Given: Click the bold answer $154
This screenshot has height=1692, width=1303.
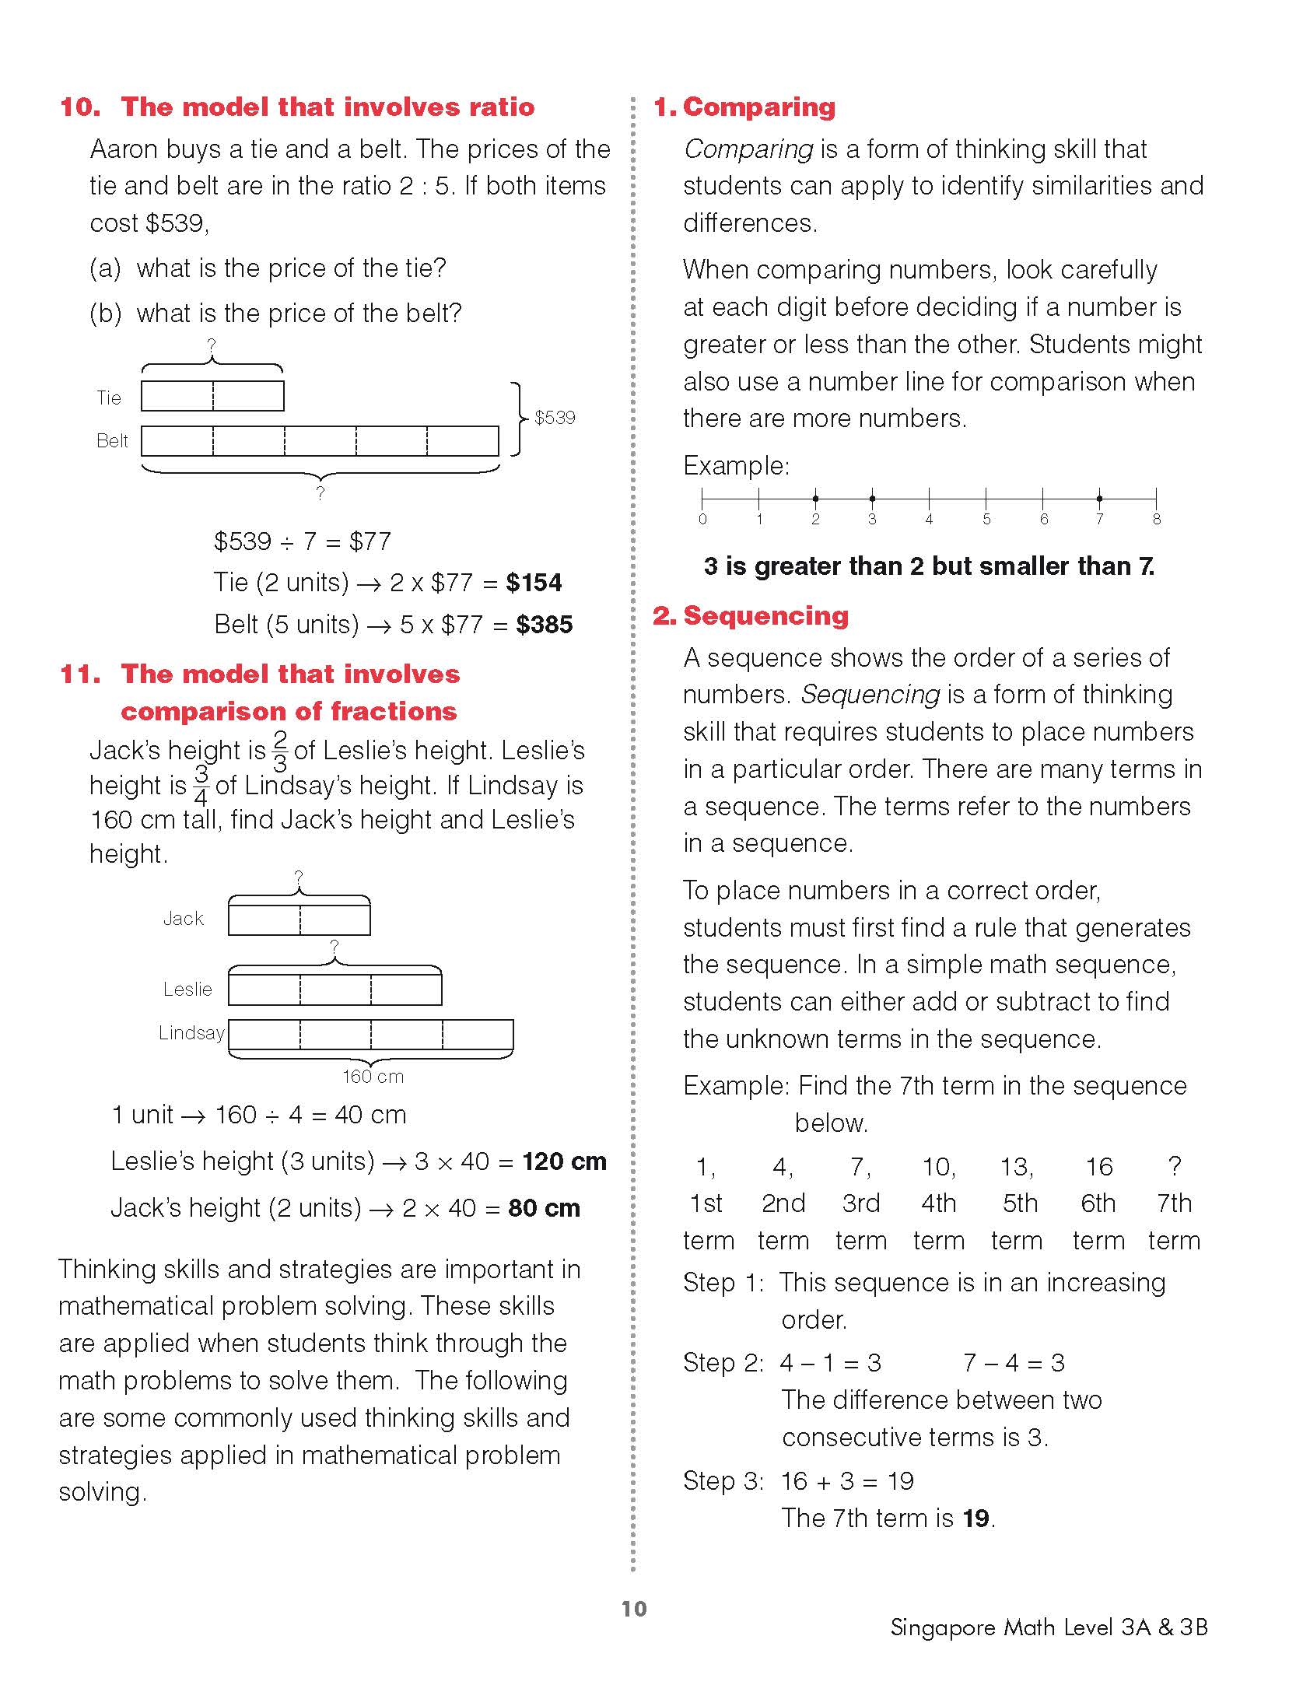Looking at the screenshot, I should (x=534, y=583).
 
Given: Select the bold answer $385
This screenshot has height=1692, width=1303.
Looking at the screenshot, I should (x=545, y=625).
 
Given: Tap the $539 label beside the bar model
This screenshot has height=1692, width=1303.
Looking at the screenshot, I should (x=555, y=418).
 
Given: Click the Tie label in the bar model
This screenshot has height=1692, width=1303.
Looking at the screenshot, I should (x=109, y=398).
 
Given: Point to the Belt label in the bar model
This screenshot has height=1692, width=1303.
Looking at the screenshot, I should (x=112, y=441).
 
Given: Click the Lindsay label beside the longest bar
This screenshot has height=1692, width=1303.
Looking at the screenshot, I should (x=191, y=1033).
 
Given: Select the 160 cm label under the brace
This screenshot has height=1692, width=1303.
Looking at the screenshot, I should (x=373, y=1077).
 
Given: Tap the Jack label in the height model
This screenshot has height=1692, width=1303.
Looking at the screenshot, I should (x=184, y=919).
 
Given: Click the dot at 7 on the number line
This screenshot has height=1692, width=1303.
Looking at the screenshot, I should (x=1099, y=499).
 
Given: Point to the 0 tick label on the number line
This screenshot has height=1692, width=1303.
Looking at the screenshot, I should (x=702, y=520).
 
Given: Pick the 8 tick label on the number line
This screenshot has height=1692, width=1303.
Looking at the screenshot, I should (x=1157, y=520).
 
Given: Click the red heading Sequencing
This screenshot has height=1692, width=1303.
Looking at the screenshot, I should (x=765, y=616).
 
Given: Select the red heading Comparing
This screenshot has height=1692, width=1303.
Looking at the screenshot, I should (x=758, y=107).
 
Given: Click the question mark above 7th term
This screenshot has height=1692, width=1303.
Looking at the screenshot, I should (x=1175, y=1166).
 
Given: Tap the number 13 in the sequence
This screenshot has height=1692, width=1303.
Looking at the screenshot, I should (x=1015, y=1167).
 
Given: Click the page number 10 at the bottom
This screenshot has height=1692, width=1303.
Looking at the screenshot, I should (x=634, y=1609).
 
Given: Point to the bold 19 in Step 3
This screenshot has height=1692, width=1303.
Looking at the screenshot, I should (x=975, y=1518).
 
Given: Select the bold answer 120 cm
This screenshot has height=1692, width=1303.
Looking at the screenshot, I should (x=564, y=1161).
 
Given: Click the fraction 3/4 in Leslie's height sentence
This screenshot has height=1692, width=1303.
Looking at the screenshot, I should (x=201, y=785).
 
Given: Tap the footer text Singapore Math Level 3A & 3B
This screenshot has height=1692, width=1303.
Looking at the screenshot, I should (x=1049, y=1627).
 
